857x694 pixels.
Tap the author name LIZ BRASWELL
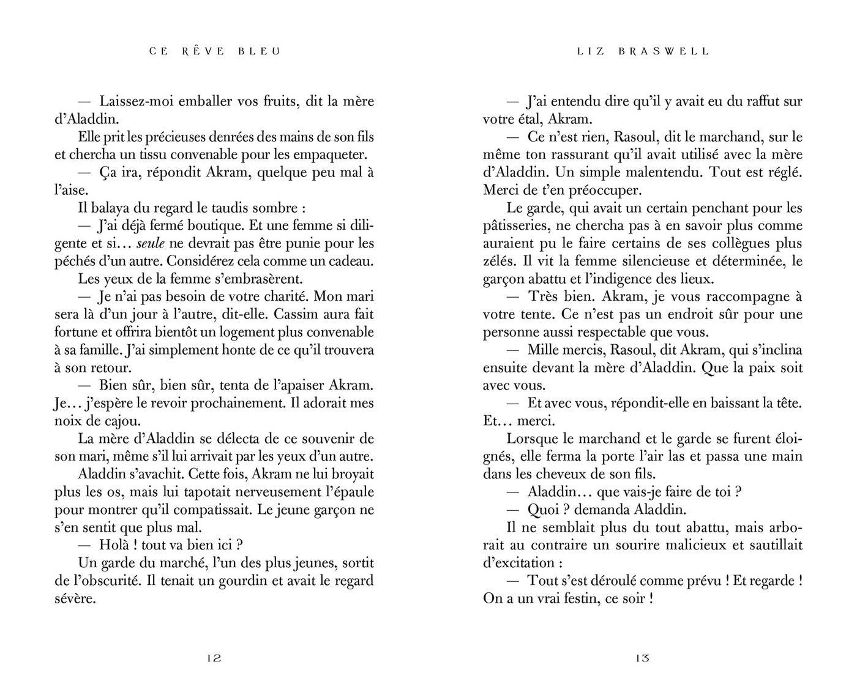coord(643,51)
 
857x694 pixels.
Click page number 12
coord(214,659)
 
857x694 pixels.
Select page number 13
coord(642,659)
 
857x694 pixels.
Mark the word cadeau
coord(351,262)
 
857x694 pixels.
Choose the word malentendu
coord(654,173)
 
